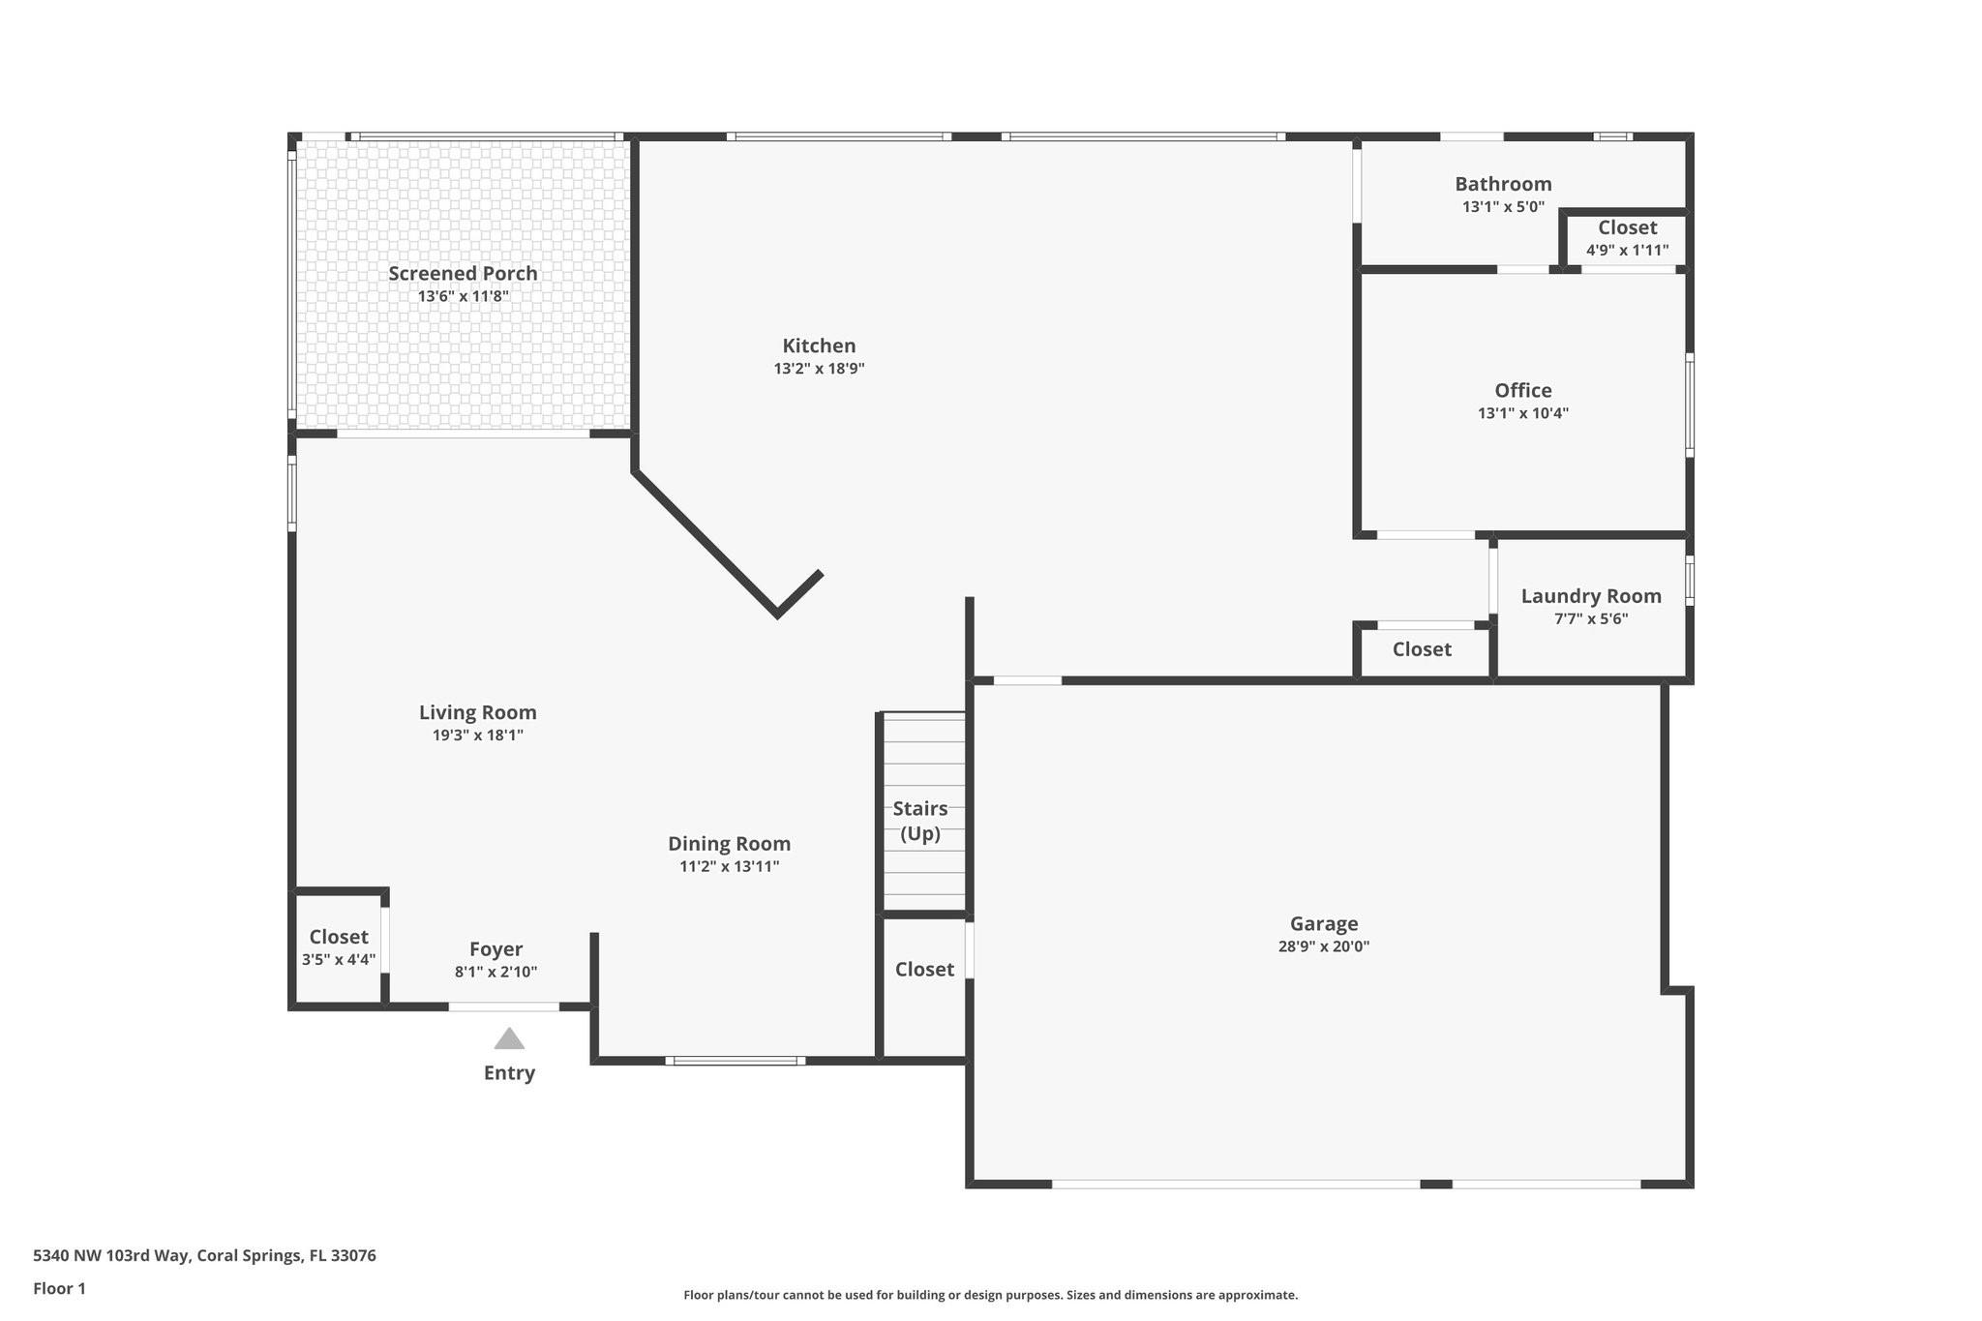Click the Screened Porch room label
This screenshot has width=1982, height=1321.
coord(463,274)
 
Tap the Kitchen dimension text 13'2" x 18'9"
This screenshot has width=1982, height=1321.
coord(819,369)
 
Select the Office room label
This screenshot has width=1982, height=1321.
coord(1522,390)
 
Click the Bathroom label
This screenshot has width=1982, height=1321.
coord(1503,184)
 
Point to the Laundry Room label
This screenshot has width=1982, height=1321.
coord(1590,596)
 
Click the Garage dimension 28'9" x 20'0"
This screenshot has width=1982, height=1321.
coord(1323,946)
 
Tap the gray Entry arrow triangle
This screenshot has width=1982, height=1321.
coord(509,1039)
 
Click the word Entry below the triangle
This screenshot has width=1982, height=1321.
coord(509,1072)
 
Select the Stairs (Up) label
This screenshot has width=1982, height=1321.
coord(920,821)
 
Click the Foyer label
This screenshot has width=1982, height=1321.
coord(495,949)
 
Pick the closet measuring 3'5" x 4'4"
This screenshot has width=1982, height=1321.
coord(338,947)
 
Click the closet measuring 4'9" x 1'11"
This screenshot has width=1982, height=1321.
coord(1627,238)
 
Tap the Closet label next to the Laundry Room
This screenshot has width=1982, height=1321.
coord(1422,649)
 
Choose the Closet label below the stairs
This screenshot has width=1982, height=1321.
coord(924,969)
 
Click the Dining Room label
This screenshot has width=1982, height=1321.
coord(729,844)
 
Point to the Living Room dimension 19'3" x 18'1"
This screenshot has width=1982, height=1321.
coord(477,736)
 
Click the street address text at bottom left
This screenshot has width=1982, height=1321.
coord(204,1255)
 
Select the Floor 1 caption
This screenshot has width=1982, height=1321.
coord(59,1288)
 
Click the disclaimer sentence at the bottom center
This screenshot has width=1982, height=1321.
coord(990,1295)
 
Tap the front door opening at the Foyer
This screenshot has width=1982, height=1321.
coord(503,1007)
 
